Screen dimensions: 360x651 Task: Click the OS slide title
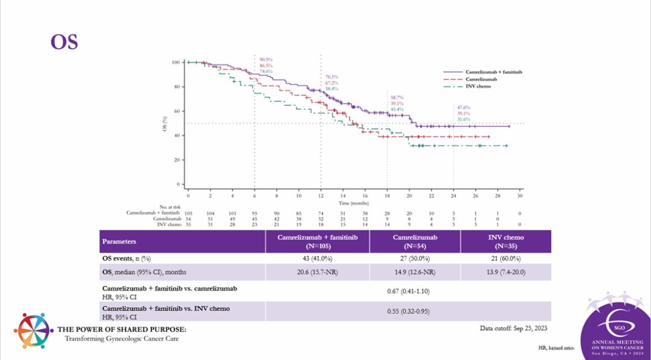coord(64,42)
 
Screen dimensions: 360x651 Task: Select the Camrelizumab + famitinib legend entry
coord(493,72)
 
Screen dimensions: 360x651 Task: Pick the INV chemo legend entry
coord(478,86)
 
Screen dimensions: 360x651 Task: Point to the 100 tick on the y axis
coord(175,62)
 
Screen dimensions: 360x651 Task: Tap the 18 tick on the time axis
coord(387,197)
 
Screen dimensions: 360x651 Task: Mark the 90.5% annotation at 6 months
coord(266,59)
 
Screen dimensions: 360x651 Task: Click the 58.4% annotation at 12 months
coord(332,89)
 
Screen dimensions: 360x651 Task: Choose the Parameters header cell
coord(119,241)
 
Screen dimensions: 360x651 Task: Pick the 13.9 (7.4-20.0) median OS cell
coord(507,272)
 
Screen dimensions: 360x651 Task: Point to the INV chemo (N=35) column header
coord(507,241)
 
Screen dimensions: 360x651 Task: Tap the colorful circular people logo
coord(34,331)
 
